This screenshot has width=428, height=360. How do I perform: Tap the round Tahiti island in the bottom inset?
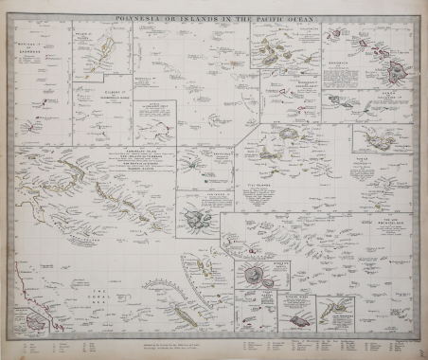tap(253, 276)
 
